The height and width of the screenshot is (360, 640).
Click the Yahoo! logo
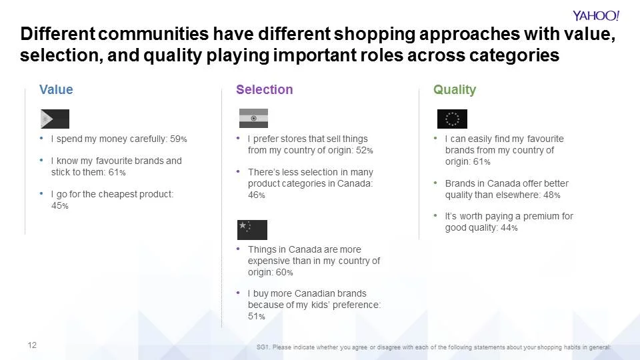[x=596, y=15]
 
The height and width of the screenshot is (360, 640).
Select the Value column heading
[x=56, y=89]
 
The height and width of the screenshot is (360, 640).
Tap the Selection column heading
[x=264, y=89]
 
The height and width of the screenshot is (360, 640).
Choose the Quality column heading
[x=455, y=89]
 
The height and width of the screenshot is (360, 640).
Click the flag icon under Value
[x=55, y=119]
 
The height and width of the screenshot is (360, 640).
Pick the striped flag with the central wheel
[x=253, y=118]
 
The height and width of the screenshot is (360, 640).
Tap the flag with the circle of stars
[x=452, y=119]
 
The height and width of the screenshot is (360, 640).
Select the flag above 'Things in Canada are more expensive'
[x=252, y=229]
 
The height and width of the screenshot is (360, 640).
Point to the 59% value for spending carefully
[x=179, y=139]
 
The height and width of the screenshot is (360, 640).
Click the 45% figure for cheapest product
[x=59, y=206]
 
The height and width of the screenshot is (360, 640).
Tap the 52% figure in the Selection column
[x=364, y=151]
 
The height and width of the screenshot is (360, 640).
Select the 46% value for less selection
[x=256, y=195]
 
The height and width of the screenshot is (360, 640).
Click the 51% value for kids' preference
[x=256, y=316]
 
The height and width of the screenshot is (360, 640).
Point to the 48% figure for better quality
[x=551, y=195]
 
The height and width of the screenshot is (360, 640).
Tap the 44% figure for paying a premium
[x=509, y=228]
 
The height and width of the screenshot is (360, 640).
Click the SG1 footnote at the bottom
[x=433, y=347]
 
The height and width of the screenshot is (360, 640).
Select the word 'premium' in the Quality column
[x=537, y=217]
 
